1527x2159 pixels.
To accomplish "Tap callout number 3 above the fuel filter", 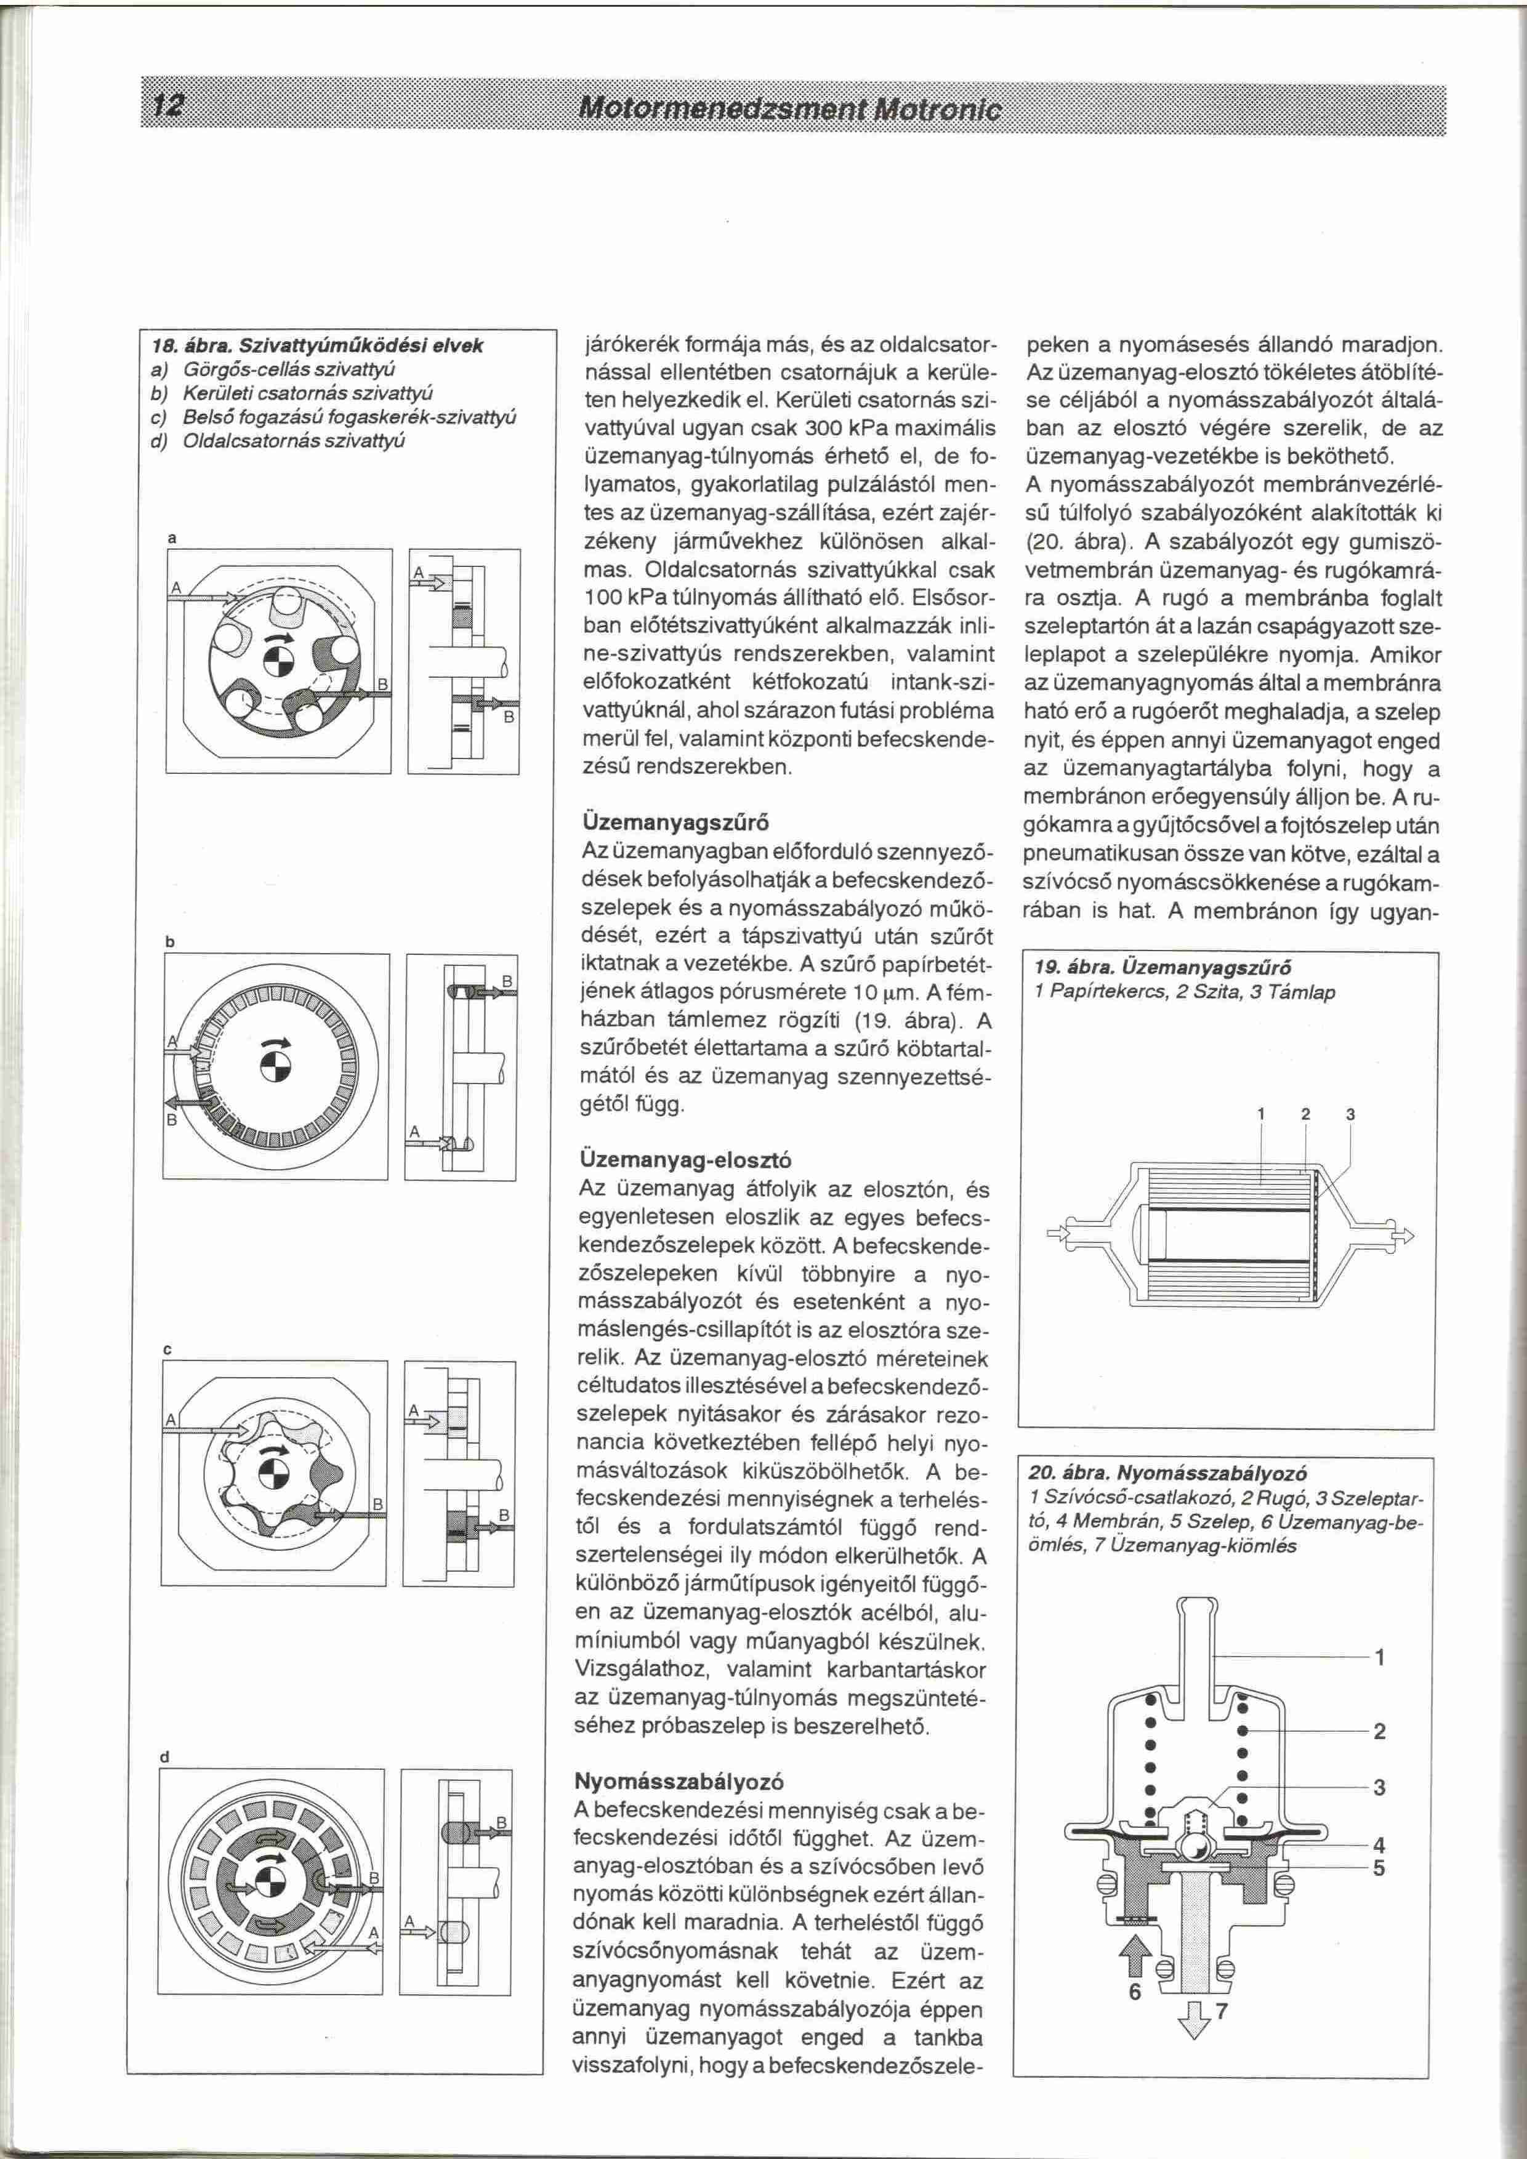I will pyautogui.click(x=1350, y=1116).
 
